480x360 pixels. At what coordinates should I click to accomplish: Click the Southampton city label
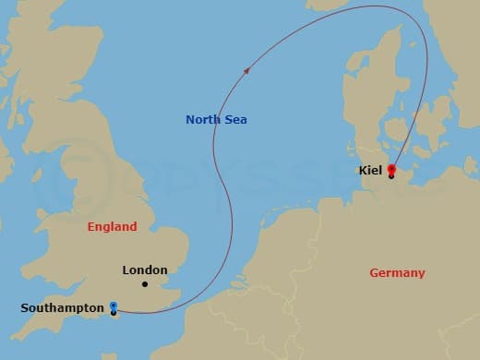[x=61, y=307]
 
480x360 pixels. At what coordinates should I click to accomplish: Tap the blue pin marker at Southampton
[x=113, y=306]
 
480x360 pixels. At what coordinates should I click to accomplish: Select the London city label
[x=145, y=270]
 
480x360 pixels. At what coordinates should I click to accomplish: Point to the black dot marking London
[x=145, y=284]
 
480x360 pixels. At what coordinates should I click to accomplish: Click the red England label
[x=112, y=226]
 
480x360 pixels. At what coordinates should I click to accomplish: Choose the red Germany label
[x=397, y=272]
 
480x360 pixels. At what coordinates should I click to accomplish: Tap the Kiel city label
[x=369, y=170]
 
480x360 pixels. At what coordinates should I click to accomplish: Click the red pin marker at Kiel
[x=391, y=169]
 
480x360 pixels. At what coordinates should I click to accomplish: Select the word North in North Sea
[x=202, y=119]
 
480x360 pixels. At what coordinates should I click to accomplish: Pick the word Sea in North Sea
[x=235, y=119]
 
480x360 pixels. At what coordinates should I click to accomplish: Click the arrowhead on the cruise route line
[x=246, y=70]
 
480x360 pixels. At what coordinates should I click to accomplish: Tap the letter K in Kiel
[x=360, y=170]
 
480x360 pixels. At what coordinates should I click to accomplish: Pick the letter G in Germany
[x=374, y=272]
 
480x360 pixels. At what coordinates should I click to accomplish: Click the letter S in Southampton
[x=24, y=307]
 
